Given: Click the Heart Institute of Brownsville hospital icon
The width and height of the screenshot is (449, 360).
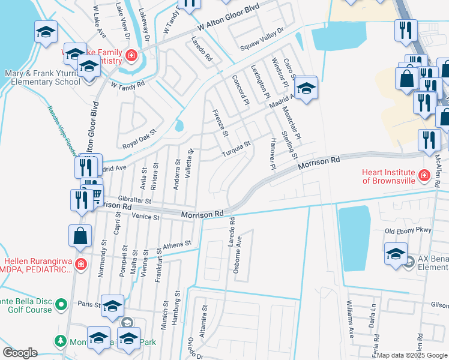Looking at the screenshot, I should (x=424, y=175).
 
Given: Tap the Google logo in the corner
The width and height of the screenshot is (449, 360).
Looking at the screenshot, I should (x=20, y=353).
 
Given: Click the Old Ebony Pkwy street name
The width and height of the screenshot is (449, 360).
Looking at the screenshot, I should (x=408, y=230).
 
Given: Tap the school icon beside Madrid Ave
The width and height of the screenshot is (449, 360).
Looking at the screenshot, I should (x=306, y=88).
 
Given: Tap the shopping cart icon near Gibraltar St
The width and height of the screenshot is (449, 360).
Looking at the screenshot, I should (x=95, y=193).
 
